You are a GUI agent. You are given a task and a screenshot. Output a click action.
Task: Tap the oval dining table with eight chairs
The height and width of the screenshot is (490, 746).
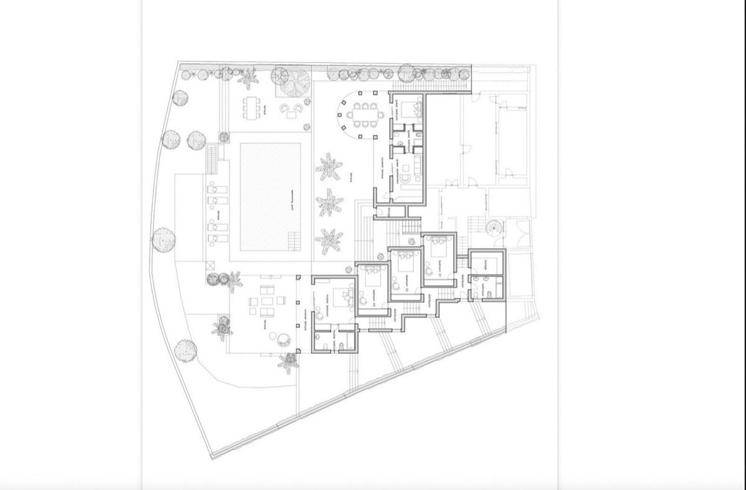361,114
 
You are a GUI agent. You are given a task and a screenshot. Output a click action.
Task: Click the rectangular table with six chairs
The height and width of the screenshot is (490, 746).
252,108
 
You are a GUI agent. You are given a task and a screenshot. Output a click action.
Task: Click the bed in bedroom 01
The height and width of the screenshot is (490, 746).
441,250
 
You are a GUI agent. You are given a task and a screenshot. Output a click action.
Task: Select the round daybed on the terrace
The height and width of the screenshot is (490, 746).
283,339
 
